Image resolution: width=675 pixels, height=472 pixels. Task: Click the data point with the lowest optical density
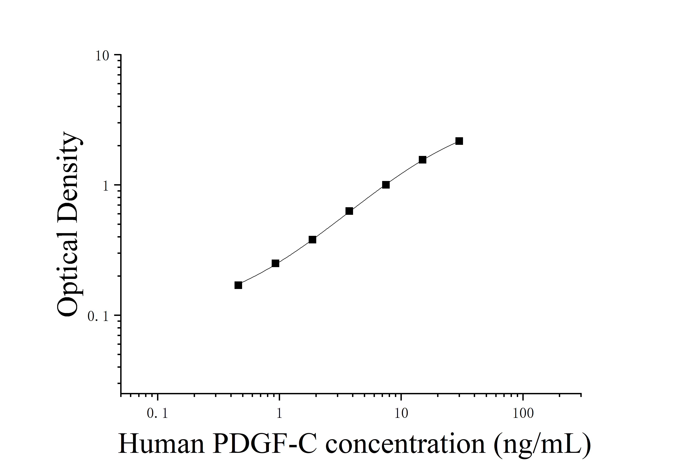click(238, 285)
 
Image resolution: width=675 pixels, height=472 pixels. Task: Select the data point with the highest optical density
click(459, 141)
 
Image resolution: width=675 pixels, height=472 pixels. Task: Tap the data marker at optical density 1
click(386, 185)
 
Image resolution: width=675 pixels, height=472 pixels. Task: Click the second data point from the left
click(275, 263)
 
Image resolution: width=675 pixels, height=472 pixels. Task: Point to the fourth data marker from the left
click(349, 211)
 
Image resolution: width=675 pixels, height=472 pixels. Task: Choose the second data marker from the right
click(422, 160)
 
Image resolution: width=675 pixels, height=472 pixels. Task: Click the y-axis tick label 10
click(102, 56)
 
